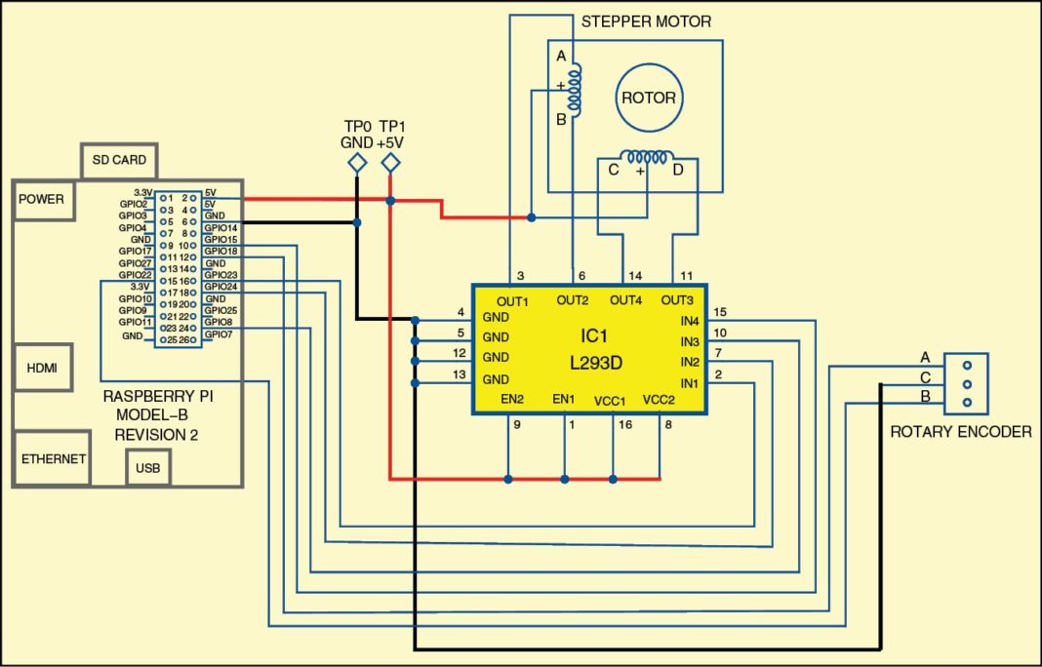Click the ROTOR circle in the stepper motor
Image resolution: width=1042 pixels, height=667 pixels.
coord(649,98)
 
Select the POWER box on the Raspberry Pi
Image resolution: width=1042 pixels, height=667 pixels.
coord(40,200)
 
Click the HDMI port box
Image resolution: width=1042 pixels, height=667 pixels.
coord(40,368)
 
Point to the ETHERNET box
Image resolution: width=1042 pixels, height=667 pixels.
coord(54,459)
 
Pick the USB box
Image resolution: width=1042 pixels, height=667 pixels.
coord(148,469)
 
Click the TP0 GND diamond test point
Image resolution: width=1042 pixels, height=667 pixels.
coord(358,164)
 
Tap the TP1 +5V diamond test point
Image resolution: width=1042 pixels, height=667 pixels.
coord(390,164)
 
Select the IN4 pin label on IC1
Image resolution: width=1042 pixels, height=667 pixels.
coord(690,321)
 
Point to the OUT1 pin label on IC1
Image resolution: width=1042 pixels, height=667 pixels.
coord(511,300)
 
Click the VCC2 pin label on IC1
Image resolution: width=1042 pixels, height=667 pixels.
coord(660,400)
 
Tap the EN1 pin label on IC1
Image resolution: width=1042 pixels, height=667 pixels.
coord(564,400)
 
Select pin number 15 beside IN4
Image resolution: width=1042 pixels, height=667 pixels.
coord(720,312)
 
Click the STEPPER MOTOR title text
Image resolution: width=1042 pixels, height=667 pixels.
coord(646,21)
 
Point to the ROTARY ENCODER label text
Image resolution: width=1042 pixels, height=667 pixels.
coord(960,431)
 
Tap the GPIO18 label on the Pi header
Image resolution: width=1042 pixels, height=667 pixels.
coord(220,252)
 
